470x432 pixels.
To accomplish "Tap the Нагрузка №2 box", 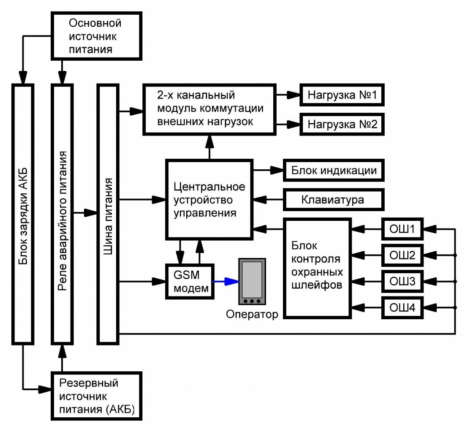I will click(342, 124).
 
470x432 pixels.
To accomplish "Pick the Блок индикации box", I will click(334, 171).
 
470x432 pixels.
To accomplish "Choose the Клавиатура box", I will click(333, 199).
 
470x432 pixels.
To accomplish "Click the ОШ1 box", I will click(402, 230).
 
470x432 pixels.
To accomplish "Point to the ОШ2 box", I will click(402, 255).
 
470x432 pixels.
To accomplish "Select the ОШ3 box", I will click(402, 281).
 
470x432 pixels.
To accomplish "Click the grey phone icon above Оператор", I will click(252, 281).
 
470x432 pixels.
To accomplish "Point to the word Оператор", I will click(252, 314).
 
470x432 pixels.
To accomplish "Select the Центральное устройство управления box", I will click(209, 199).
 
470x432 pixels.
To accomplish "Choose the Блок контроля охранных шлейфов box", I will click(317, 268).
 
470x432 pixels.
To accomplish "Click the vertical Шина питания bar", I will click(108, 214).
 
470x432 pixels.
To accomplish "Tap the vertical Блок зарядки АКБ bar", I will click(23, 214).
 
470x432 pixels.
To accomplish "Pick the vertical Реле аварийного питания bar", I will click(62, 214).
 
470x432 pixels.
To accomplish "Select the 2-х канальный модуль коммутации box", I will click(210, 109).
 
